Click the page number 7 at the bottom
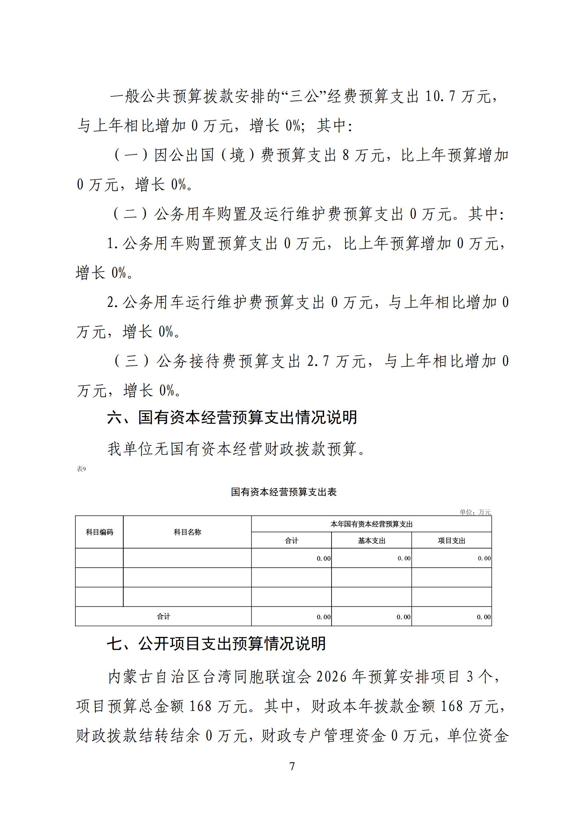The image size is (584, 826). (x=292, y=766)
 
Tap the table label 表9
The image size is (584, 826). (x=81, y=469)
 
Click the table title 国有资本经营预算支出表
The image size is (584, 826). (x=284, y=492)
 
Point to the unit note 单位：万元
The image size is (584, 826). (x=475, y=512)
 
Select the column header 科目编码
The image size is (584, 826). (x=99, y=532)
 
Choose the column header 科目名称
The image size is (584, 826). (x=187, y=532)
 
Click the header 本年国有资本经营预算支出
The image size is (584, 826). (x=371, y=524)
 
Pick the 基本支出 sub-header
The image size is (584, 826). (x=371, y=540)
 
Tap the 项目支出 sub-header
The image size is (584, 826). (x=452, y=540)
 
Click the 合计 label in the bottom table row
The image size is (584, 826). (x=163, y=616)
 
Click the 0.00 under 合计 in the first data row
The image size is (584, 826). (x=323, y=559)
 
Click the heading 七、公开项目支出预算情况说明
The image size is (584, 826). (x=216, y=644)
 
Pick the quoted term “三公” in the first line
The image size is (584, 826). (x=302, y=97)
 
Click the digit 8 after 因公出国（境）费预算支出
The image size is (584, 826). (x=346, y=155)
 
